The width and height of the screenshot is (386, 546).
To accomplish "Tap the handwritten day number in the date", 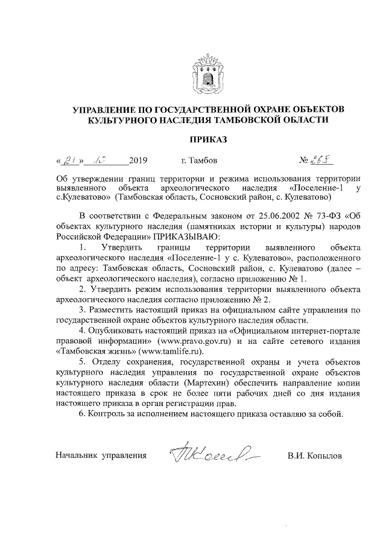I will coord(69,160).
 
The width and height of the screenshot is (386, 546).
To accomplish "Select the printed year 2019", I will coord(138,161).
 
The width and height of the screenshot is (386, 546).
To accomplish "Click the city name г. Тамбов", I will coord(200,161).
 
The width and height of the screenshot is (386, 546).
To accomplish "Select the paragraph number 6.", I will coord(82,415).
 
